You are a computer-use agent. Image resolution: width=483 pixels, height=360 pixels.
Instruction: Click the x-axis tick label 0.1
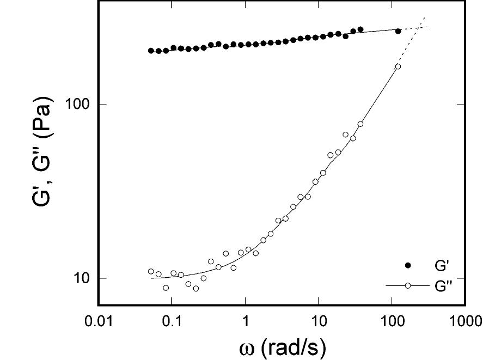coord(172,321)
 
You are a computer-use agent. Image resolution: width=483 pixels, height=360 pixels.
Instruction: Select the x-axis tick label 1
coord(246,321)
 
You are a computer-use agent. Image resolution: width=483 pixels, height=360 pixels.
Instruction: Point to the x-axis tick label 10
coord(319,321)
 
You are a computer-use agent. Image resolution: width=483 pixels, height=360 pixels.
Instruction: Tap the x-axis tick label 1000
coord(464,321)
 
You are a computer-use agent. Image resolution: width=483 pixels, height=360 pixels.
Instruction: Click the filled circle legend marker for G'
coord(408,265)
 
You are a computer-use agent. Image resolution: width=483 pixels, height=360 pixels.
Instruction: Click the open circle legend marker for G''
coord(408,285)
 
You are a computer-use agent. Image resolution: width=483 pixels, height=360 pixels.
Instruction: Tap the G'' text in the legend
coord(440,285)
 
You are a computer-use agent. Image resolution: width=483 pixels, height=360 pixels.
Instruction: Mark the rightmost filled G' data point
coord(398,31)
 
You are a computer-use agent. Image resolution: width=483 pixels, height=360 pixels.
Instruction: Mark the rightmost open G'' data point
coord(398,66)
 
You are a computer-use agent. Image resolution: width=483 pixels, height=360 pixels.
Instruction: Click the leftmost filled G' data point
coord(151,51)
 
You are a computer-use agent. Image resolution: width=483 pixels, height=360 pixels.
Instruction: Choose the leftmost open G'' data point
coord(151,271)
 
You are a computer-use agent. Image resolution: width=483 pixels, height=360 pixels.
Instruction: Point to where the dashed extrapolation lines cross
coord(420,26)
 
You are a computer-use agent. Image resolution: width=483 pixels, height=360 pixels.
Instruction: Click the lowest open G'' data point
coord(196,288)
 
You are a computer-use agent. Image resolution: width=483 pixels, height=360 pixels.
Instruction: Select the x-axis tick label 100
coord(392,321)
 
